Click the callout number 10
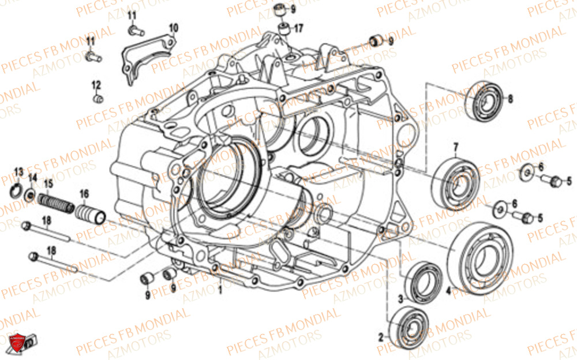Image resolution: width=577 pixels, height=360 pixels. pyautogui.click(x=174, y=27)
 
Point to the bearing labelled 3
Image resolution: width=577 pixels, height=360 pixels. pyautogui.click(x=424, y=281)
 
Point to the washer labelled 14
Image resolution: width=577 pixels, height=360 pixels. pyautogui.click(x=31, y=194)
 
